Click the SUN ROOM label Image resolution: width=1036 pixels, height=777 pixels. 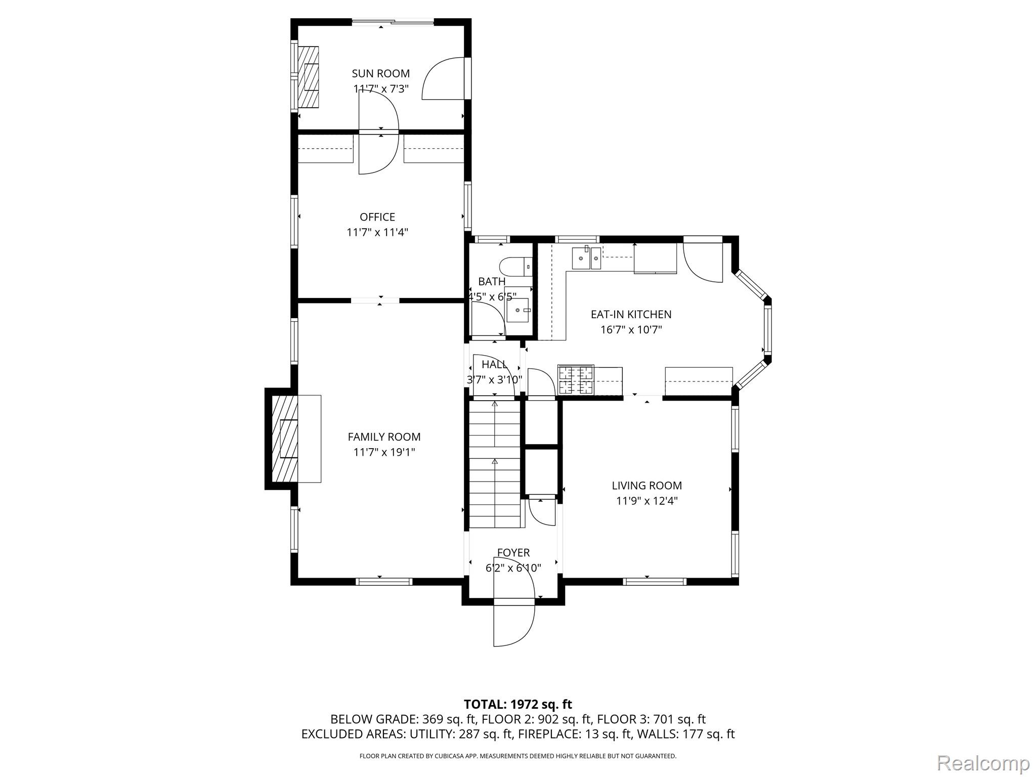pyautogui.click(x=380, y=74)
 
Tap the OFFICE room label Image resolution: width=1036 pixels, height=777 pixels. pyautogui.click(x=377, y=217)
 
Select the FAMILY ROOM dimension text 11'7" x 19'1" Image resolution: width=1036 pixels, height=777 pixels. pyautogui.click(x=384, y=452)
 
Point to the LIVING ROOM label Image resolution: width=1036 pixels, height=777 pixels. pyautogui.click(x=646, y=486)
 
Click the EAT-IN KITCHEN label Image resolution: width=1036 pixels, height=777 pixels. pyautogui.click(x=631, y=314)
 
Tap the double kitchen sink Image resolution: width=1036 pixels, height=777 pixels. pyautogui.click(x=586, y=258)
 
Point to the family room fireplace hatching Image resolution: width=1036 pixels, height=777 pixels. pyautogui.click(x=285, y=439)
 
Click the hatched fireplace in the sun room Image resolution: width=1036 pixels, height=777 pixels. pyautogui.click(x=308, y=76)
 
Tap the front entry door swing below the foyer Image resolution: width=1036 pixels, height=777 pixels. pyautogui.click(x=514, y=626)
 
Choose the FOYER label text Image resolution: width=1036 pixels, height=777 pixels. pyautogui.click(x=513, y=553)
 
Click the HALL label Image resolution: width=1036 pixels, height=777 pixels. pyautogui.click(x=494, y=364)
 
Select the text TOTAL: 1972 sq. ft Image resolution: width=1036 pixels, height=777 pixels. pyautogui.click(x=518, y=704)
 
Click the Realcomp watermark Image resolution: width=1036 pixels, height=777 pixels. pyautogui.click(x=983, y=762)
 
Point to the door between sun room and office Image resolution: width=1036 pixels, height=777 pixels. pyautogui.click(x=379, y=133)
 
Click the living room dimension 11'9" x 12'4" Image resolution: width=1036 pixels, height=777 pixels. pyautogui.click(x=646, y=501)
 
